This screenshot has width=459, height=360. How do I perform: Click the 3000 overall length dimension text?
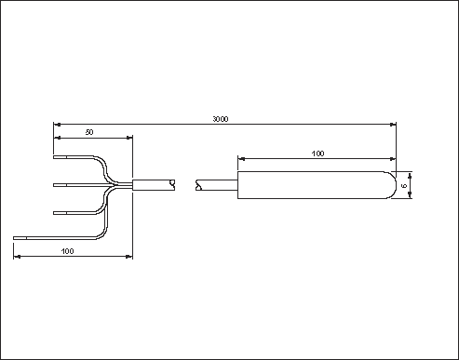[x=221, y=119]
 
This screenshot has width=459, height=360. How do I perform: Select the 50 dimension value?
[x=89, y=132]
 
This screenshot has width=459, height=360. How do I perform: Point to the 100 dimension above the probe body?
[x=317, y=153]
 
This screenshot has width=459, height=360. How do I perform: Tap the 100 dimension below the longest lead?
[x=67, y=251]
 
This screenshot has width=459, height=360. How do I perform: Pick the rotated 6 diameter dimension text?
[x=404, y=186]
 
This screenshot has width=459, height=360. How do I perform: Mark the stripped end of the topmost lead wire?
[x=61, y=157]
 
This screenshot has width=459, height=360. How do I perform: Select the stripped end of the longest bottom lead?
[x=20, y=238]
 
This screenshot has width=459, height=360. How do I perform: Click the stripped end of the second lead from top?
[x=61, y=185]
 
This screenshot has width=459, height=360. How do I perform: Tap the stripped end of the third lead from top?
[x=61, y=213]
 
